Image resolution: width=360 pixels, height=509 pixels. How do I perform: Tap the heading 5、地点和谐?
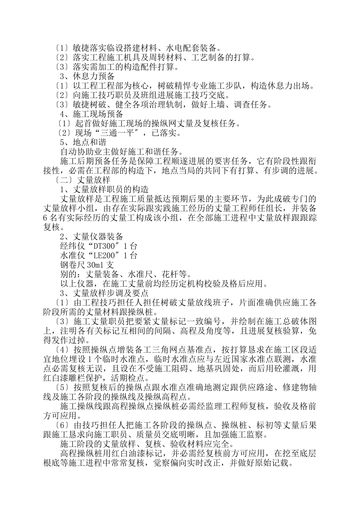tap(83, 142)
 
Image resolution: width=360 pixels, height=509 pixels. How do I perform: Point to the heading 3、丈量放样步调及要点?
tap(104, 293)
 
